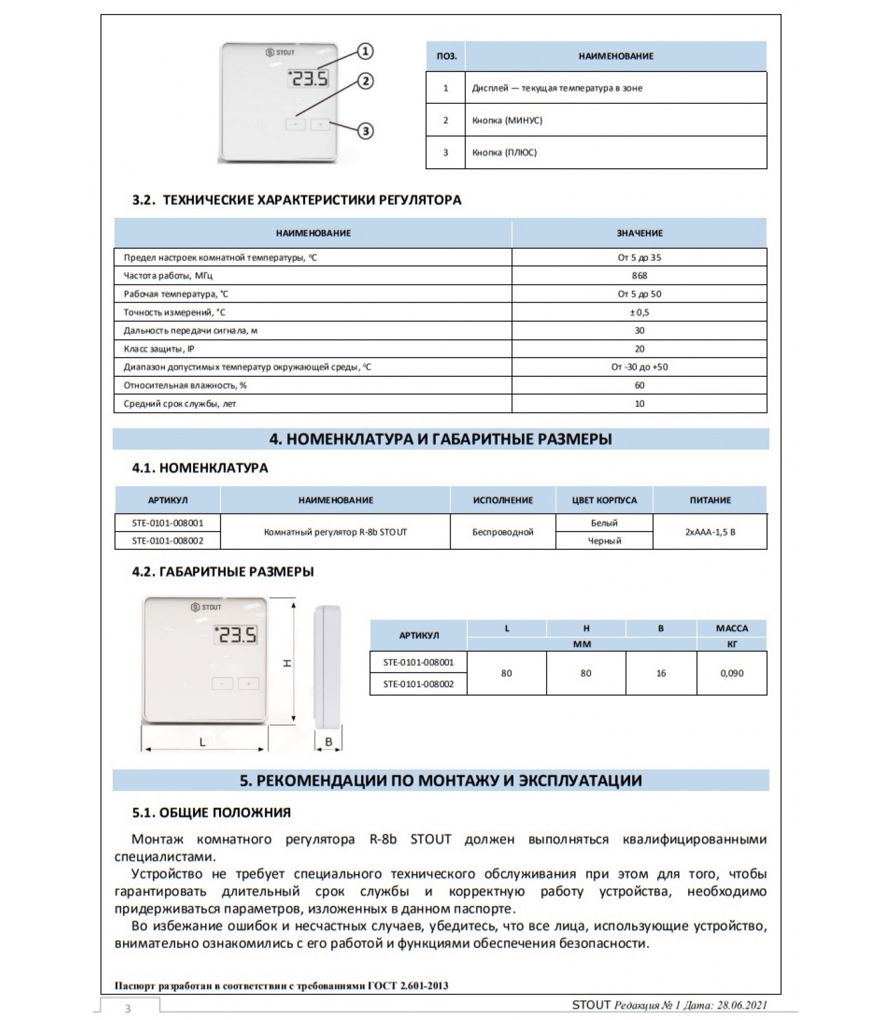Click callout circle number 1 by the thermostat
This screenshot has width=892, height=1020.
point(364,51)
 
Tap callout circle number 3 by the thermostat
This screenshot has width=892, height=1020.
point(365,131)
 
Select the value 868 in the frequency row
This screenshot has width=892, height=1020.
point(639,275)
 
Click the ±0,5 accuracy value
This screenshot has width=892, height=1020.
point(639,312)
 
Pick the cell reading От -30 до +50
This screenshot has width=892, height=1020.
point(639,367)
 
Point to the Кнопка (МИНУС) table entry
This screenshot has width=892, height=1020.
point(507,120)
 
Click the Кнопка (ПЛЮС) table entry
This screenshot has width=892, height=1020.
point(505,152)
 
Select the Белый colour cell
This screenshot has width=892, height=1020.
point(604,523)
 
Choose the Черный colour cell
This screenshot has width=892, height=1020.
point(604,541)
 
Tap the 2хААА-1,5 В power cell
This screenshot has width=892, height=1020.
point(710,532)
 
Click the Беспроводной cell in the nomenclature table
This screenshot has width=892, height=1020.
point(503,532)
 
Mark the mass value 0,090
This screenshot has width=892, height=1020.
point(731,673)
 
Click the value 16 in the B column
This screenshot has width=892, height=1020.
point(661,673)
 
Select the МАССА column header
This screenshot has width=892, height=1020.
point(731,628)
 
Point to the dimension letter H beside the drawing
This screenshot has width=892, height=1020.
point(287,663)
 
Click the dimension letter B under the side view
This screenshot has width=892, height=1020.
point(329,741)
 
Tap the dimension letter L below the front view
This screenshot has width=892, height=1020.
point(203,742)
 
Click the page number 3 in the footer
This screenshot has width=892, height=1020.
point(128,1009)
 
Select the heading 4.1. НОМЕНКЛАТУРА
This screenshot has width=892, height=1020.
point(200,468)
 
